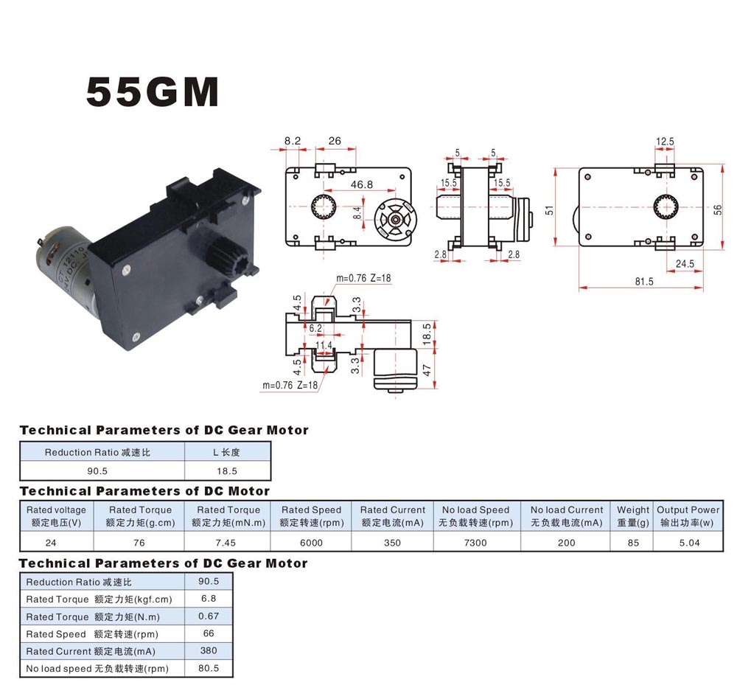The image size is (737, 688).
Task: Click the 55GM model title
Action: coord(153,91)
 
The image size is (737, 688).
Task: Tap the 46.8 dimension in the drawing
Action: coord(361,184)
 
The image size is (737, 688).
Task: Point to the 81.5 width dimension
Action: coord(644,281)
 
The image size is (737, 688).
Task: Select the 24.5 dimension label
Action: coord(685,263)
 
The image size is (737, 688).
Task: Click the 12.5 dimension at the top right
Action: coord(665,141)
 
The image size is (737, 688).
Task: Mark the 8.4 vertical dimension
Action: coord(357,213)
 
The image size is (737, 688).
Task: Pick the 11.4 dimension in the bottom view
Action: coord(324,345)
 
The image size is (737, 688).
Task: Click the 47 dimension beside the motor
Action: coord(427,369)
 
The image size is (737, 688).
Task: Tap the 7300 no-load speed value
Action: coord(475,543)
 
